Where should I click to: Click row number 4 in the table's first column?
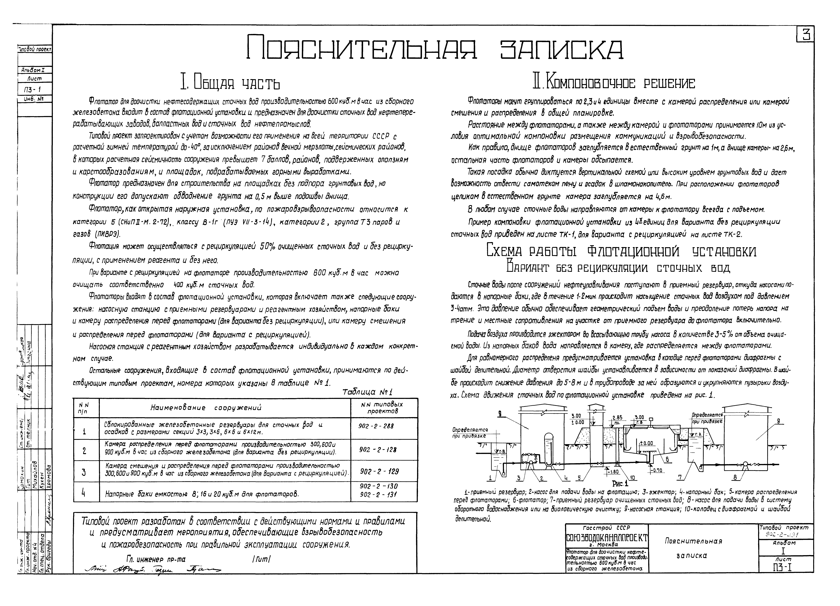click(x=84, y=493)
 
